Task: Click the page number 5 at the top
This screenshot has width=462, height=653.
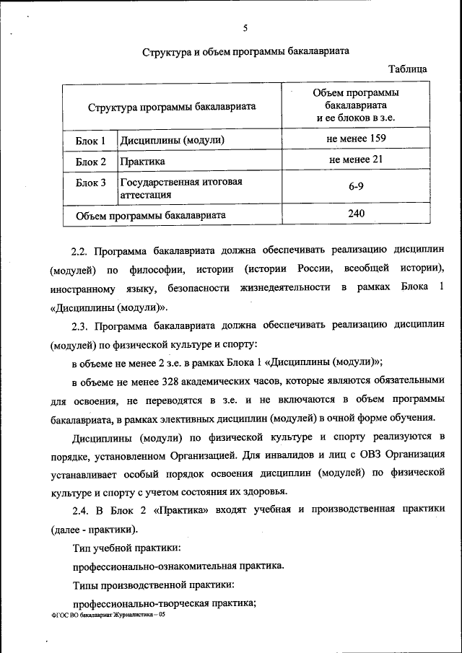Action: tap(245, 28)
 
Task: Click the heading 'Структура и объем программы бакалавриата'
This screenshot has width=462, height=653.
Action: tap(245, 52)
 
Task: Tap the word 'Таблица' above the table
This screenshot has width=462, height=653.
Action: tap(407, 69)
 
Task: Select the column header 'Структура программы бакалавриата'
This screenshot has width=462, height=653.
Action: tap(173, 106)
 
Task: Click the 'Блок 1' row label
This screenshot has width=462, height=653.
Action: tap(91, 140)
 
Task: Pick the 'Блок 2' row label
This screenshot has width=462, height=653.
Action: tap(91, 162)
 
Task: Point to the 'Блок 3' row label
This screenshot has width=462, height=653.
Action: tap(91, 183)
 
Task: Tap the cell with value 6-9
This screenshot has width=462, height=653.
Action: tap(355, 187)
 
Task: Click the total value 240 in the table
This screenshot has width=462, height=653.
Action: tap(355, 214)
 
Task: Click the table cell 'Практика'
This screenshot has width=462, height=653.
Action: tap(142, 162)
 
